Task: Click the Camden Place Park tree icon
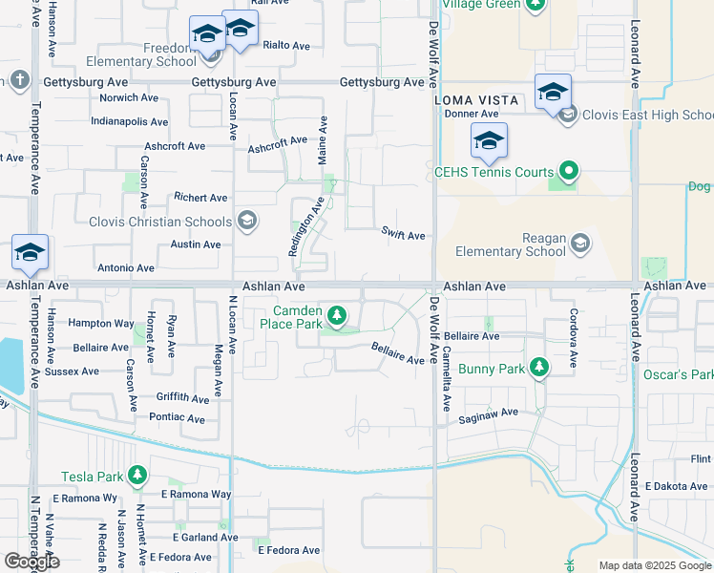pos(336,314)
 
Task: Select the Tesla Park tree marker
pos(138,475)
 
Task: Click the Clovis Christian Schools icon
pos(246,222)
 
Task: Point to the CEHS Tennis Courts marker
pos(569,173)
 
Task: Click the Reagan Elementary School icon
pos(580,244)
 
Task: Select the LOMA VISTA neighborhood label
pos(476,100)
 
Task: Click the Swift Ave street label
pos(403,234)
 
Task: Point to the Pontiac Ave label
pos(178,418)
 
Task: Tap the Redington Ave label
pos(305,226)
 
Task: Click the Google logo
pos(31,562)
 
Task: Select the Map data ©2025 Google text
pos(655,565)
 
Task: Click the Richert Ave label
pos(200,198)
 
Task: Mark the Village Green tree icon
pos(535,4)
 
